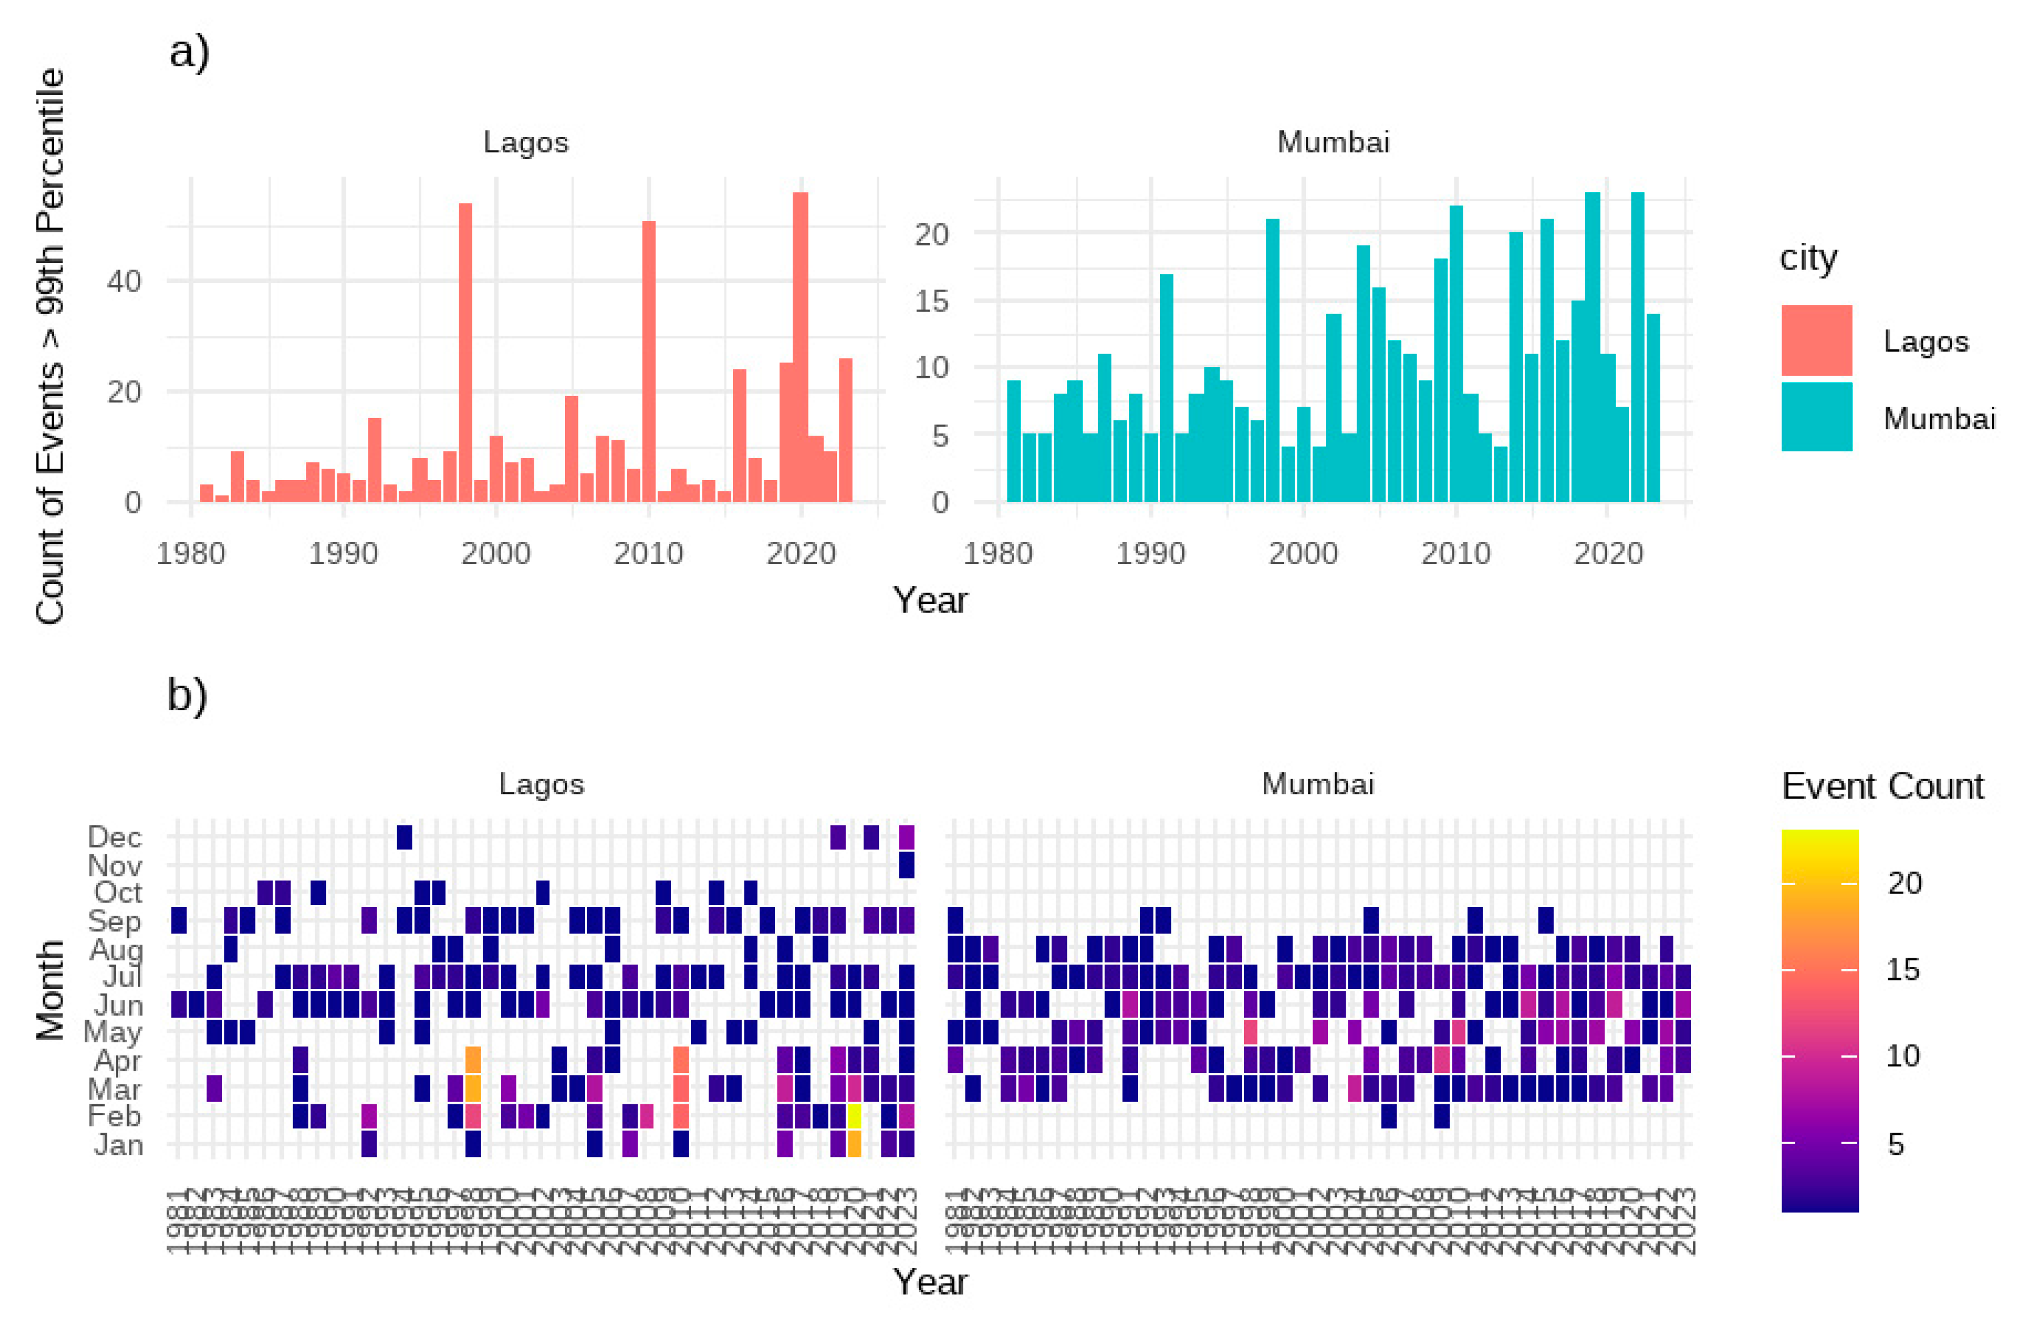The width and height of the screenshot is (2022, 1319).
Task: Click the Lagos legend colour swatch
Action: [1816, 340]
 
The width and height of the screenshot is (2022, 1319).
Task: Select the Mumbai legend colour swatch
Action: [1816, 416]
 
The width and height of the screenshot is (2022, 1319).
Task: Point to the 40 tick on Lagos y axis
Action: [124, 281]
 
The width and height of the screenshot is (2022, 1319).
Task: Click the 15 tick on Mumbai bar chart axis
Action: [931, 301]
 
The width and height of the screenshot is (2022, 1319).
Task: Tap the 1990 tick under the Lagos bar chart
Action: [342, 553]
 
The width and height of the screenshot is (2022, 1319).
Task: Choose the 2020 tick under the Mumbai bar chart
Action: [1607, 553]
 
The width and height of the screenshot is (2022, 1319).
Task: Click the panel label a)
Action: [189, 53]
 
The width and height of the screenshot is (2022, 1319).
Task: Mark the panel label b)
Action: [187, 695]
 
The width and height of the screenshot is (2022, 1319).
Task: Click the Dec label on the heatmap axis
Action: [115, 837]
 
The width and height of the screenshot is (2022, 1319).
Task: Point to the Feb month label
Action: [115, 1116]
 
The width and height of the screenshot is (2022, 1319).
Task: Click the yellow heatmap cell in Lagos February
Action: [854, 1116]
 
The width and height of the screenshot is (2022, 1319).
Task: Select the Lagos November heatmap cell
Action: [906, 865]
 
